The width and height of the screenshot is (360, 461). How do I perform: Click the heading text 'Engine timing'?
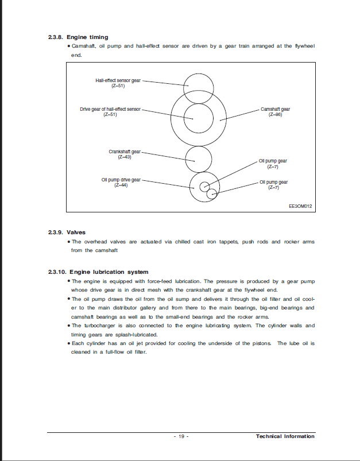pos(87,37)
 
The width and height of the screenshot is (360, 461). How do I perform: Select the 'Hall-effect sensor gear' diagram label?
pos(118,80)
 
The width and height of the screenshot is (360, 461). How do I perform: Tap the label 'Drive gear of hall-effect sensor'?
pos(110,109)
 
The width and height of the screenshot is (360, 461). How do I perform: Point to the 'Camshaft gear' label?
pos(275,109)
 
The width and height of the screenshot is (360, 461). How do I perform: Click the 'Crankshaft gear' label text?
pos(125,152)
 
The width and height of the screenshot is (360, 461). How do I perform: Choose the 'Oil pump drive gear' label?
pos(121,180)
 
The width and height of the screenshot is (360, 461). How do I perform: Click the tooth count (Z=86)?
pos(275,115)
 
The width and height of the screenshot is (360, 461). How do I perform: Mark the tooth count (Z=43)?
pos(125,157)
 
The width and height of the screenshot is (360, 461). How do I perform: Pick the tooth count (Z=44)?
pos(121,185)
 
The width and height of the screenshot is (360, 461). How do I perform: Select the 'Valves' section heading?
pos(76,233)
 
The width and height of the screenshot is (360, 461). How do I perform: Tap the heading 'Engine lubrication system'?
pos(107,272)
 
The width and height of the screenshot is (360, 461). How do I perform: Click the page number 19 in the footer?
pos(180,436)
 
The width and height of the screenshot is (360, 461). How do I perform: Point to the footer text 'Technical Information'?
pos(285,436)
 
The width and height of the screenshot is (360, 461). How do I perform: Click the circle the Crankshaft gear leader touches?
pos(199,158)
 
